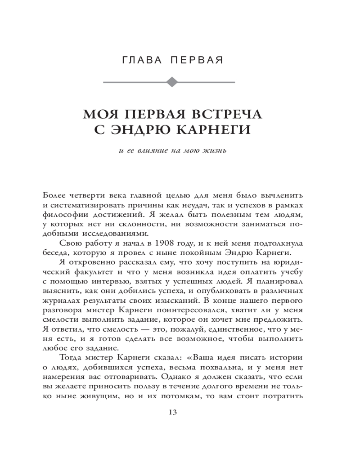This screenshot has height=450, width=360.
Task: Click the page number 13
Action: coord(172,412)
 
